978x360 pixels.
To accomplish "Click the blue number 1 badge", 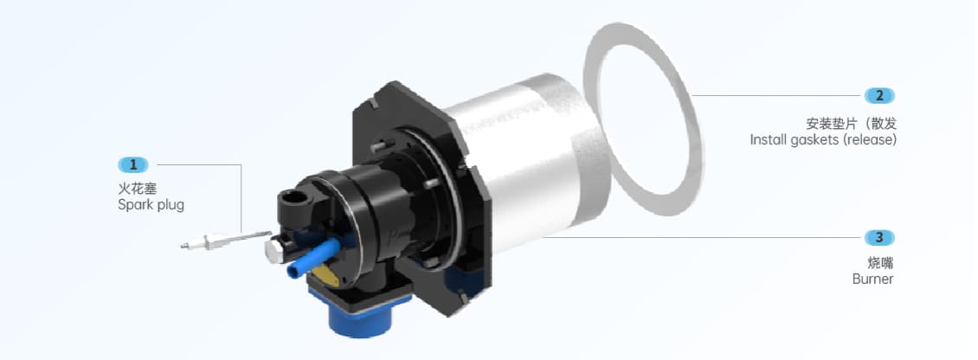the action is point(133,164).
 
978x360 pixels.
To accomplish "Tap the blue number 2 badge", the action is point(879,95).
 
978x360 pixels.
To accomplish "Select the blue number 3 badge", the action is point(879,237).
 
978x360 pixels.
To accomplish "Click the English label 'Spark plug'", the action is point(151,205).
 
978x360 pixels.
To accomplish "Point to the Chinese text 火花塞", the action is point(133,188).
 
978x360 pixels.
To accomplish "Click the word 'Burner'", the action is point(872,279).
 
